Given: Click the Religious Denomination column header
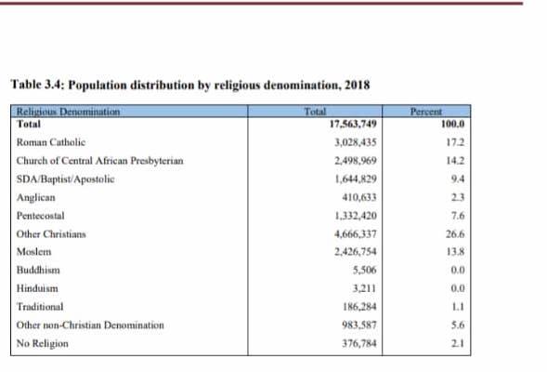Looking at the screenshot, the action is click(x=68, y=112).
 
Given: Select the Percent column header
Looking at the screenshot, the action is click(x=426, y=112).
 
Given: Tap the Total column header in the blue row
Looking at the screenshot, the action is click(x=315, y=112).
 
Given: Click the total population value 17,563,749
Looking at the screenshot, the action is click(x=353, y=124).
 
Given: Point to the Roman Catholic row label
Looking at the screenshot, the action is click(x=51, y=142).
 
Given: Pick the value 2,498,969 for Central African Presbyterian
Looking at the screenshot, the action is click(x=356, y=161).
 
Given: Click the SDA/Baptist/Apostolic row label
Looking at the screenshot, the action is click(x=66, y=179).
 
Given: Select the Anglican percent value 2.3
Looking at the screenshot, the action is click(x=458, y=197).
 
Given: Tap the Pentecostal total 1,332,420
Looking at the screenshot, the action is click(x=356, y=216).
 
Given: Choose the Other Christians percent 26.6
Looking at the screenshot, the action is click(x=455, y=234).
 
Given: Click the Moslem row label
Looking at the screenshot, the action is click(x=33, y=252).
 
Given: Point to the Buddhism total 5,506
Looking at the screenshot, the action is click(x=365, y=270).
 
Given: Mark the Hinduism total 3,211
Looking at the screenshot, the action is click(x=365, y=288).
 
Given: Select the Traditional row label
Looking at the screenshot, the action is click(x=40, y=307).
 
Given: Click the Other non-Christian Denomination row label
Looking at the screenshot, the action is click(x=90, y=325).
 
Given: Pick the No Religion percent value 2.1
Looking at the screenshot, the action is click(x=458, y=343).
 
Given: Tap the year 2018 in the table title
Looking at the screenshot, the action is click(x=358, y=86).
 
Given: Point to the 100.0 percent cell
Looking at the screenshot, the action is click(x=453, y=124).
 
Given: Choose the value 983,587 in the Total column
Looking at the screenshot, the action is click(x=359, y=325).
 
